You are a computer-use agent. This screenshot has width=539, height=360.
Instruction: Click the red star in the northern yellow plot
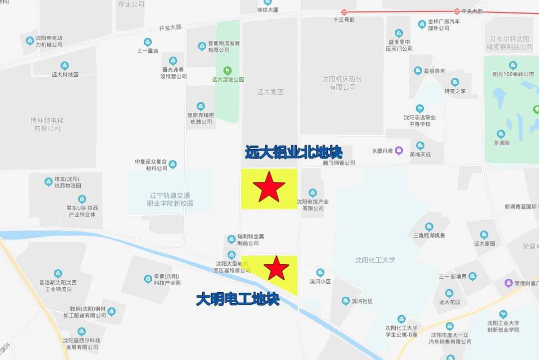269,187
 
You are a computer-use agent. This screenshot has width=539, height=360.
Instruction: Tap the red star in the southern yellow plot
276,268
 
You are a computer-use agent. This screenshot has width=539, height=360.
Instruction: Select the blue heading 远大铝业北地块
293,152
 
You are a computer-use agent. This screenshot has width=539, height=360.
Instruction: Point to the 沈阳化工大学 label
375,260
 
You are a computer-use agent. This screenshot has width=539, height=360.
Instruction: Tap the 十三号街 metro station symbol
344,12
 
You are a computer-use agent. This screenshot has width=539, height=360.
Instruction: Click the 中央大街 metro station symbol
457,11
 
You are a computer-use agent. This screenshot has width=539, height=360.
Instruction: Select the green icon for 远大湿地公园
228,70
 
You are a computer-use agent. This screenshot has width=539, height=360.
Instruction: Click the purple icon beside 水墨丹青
399,150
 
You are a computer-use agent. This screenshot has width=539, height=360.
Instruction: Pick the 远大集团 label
270,92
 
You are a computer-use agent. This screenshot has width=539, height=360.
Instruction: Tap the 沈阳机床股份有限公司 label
342,83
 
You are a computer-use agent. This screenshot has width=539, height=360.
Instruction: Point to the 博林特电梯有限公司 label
47,124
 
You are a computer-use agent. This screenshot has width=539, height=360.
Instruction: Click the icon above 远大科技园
65,66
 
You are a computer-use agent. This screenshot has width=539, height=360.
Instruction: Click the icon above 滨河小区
320,273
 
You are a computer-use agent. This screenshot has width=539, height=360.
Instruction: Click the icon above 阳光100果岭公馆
513,65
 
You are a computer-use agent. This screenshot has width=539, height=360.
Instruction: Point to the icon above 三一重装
147,42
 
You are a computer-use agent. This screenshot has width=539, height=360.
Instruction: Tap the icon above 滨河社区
346,301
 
